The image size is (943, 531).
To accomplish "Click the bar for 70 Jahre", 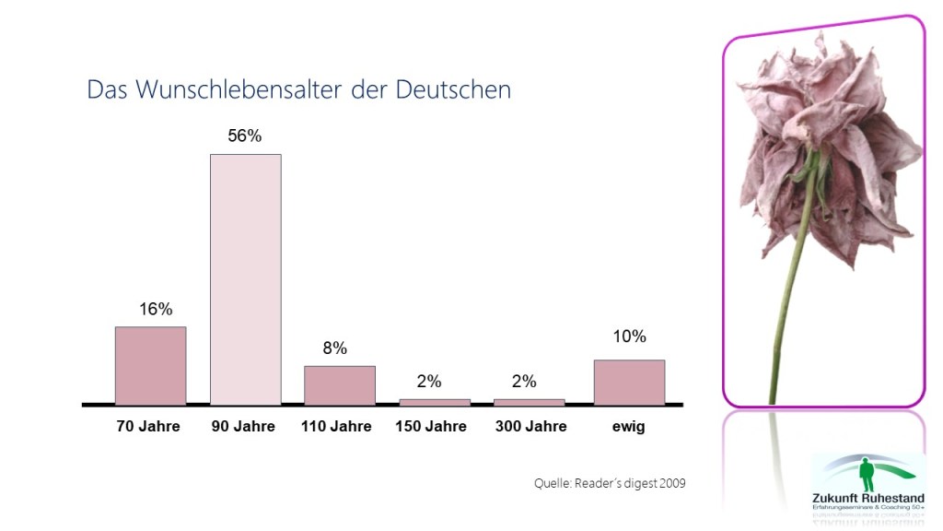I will pos(150,365).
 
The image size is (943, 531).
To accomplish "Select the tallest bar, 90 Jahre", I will pos(245,279).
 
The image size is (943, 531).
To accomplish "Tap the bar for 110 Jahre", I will pos(340,385).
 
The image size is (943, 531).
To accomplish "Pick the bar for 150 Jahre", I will pos(434,402).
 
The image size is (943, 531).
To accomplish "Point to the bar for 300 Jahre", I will pos(529,402).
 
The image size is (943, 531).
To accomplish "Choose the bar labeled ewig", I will pos(629,382).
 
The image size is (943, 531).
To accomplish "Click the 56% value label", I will pos(245,136).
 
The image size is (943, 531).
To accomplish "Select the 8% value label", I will pos(334,348).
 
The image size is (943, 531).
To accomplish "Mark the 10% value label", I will pos(630,336).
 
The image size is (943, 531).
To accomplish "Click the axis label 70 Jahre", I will pos(148,427).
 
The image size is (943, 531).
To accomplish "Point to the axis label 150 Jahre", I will pos(431,427).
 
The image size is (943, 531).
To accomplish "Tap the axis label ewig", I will pos(628,427).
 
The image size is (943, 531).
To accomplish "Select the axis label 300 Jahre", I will pos(530,427).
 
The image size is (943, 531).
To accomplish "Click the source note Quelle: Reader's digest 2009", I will pos(610,483).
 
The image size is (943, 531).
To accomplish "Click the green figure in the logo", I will pos(865,475).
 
